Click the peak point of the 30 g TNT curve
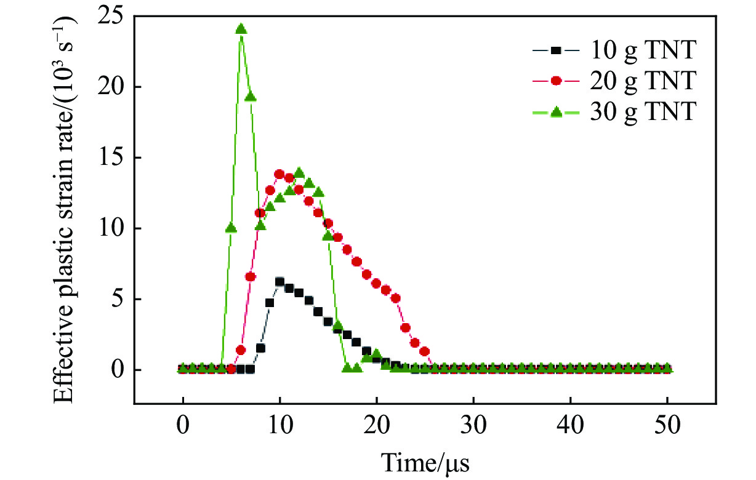[x=241, y=29]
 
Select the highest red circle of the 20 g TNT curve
[x=279, y=174]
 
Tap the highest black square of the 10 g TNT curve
[x=279, y=282]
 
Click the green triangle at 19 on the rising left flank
[x=251, y=97]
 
